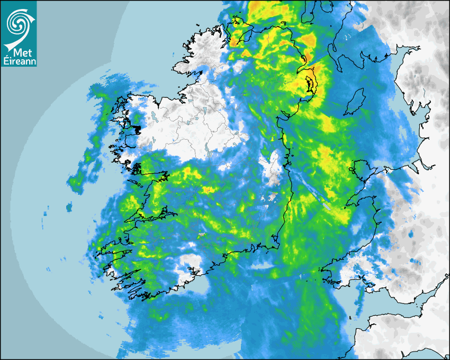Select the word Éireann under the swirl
coord(19,61)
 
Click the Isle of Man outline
coord(355,102)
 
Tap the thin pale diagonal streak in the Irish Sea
coord(312,191)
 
